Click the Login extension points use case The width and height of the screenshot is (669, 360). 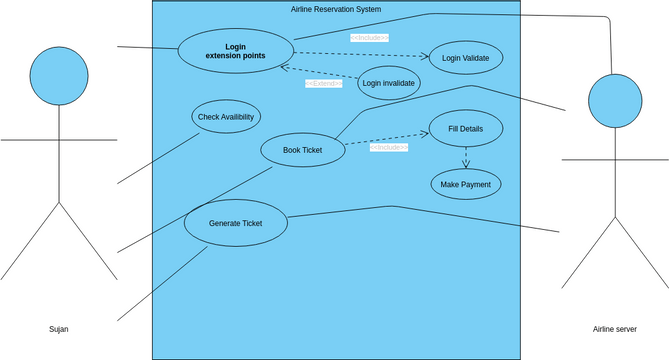[x=235, y=51]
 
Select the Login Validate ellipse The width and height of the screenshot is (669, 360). [x=465, y=58]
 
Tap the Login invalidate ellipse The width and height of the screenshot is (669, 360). [x=389, y=83]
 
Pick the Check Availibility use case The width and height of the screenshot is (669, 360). [x=225, y=117]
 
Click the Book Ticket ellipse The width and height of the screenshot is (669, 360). [x=302, y=150]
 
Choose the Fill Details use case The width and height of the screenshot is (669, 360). [x=466, y=129]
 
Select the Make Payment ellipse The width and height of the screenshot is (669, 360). [x=466, y=184]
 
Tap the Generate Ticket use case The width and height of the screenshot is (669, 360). [x=235, y=223]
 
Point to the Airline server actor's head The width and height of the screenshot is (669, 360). [x=613, y=103]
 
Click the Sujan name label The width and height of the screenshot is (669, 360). [x=59, y=329]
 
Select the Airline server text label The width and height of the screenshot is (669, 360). [x=614, y=329]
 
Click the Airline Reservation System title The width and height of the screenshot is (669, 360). [x=335, y=9]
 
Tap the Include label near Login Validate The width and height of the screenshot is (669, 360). [x=369, y=38]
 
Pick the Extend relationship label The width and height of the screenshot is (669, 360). [x=324, y=84]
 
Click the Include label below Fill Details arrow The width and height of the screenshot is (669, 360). [x=388, y=147]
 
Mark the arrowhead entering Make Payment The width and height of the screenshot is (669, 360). [x=466, y=165]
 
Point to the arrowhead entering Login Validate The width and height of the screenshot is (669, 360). [x=424, y=57]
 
